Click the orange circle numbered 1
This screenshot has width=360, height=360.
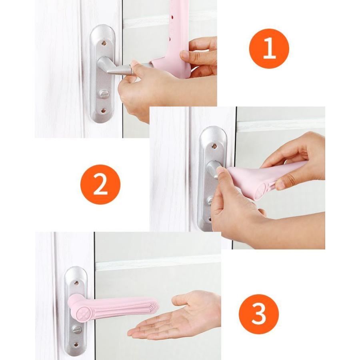[x=269, y=48]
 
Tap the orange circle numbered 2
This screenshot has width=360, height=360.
[x=100, y=184]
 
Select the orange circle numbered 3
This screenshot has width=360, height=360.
[x=259, y=314]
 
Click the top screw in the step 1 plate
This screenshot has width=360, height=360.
[x=104, y=43]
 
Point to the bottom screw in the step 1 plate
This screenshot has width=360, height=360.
[x=103, y=111]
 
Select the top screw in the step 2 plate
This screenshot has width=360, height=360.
[x=214, y=146]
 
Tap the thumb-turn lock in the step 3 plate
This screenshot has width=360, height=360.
[x=77, y=329]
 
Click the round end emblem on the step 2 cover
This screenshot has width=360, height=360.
[x=261, y=190]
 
